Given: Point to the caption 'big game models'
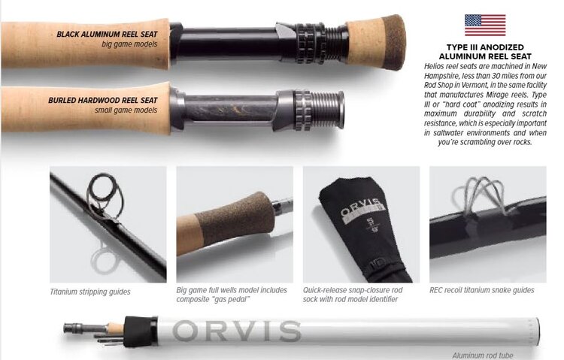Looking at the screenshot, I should [131, 44].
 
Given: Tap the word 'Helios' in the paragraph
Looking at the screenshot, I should [438, 67].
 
